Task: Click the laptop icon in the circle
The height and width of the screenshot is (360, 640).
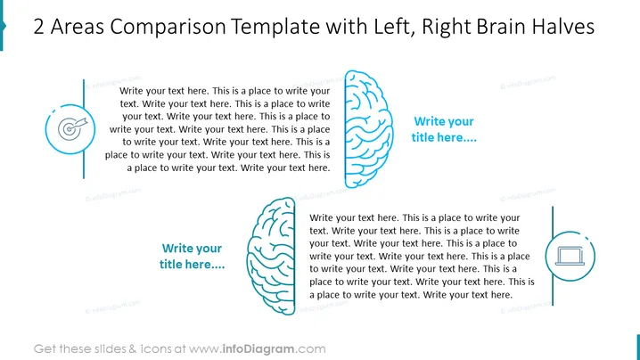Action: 570,257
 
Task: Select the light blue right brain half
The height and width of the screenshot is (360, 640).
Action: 368,129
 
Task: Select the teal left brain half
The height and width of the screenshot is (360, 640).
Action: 271,257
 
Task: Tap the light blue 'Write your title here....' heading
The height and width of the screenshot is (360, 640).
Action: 444,129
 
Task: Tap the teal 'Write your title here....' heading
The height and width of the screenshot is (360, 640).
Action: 192,257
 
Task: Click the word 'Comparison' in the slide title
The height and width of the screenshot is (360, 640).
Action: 168,27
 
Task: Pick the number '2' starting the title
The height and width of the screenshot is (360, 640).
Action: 38,27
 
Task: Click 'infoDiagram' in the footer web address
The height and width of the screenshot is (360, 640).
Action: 258,349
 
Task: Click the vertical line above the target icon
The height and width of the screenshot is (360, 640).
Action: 84,93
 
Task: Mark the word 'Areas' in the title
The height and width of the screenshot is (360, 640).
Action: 77,27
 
